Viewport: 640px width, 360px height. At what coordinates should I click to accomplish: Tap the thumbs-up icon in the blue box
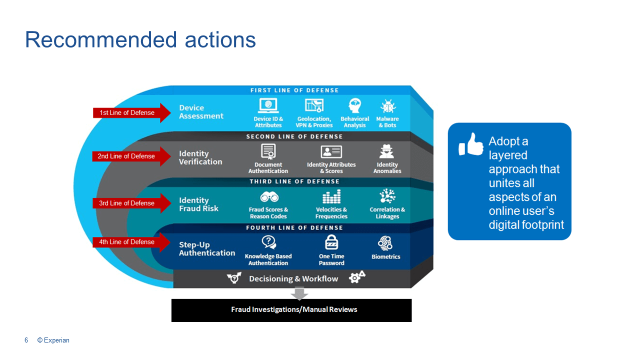point(470,144)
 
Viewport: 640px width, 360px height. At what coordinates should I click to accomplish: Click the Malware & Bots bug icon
point(387,106)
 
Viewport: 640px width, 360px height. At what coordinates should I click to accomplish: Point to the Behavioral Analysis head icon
point(354,106)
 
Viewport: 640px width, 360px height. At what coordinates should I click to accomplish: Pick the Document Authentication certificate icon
point(268,151)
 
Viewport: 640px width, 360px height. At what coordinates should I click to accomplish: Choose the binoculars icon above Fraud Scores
point(269,196)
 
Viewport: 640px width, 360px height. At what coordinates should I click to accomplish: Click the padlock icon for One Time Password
point(331,242)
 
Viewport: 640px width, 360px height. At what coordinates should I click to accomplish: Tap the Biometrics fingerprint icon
point(385,243)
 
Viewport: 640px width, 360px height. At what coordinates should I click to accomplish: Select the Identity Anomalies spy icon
point(386,151)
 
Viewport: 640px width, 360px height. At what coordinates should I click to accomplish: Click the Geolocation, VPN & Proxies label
point(314,122)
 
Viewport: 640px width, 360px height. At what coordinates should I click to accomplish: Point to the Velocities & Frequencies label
point(331,213)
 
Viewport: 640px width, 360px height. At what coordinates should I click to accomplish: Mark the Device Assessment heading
point(201,112)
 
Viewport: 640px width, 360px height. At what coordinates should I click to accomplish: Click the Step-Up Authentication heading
point(207,249)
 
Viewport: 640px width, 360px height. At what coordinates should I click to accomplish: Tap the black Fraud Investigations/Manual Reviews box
point(291,310)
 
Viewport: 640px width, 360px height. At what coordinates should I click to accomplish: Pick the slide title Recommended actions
point(140,39)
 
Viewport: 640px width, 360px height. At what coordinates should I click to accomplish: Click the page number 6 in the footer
point(26,340)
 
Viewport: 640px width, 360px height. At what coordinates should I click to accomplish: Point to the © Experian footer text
point(53,340)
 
